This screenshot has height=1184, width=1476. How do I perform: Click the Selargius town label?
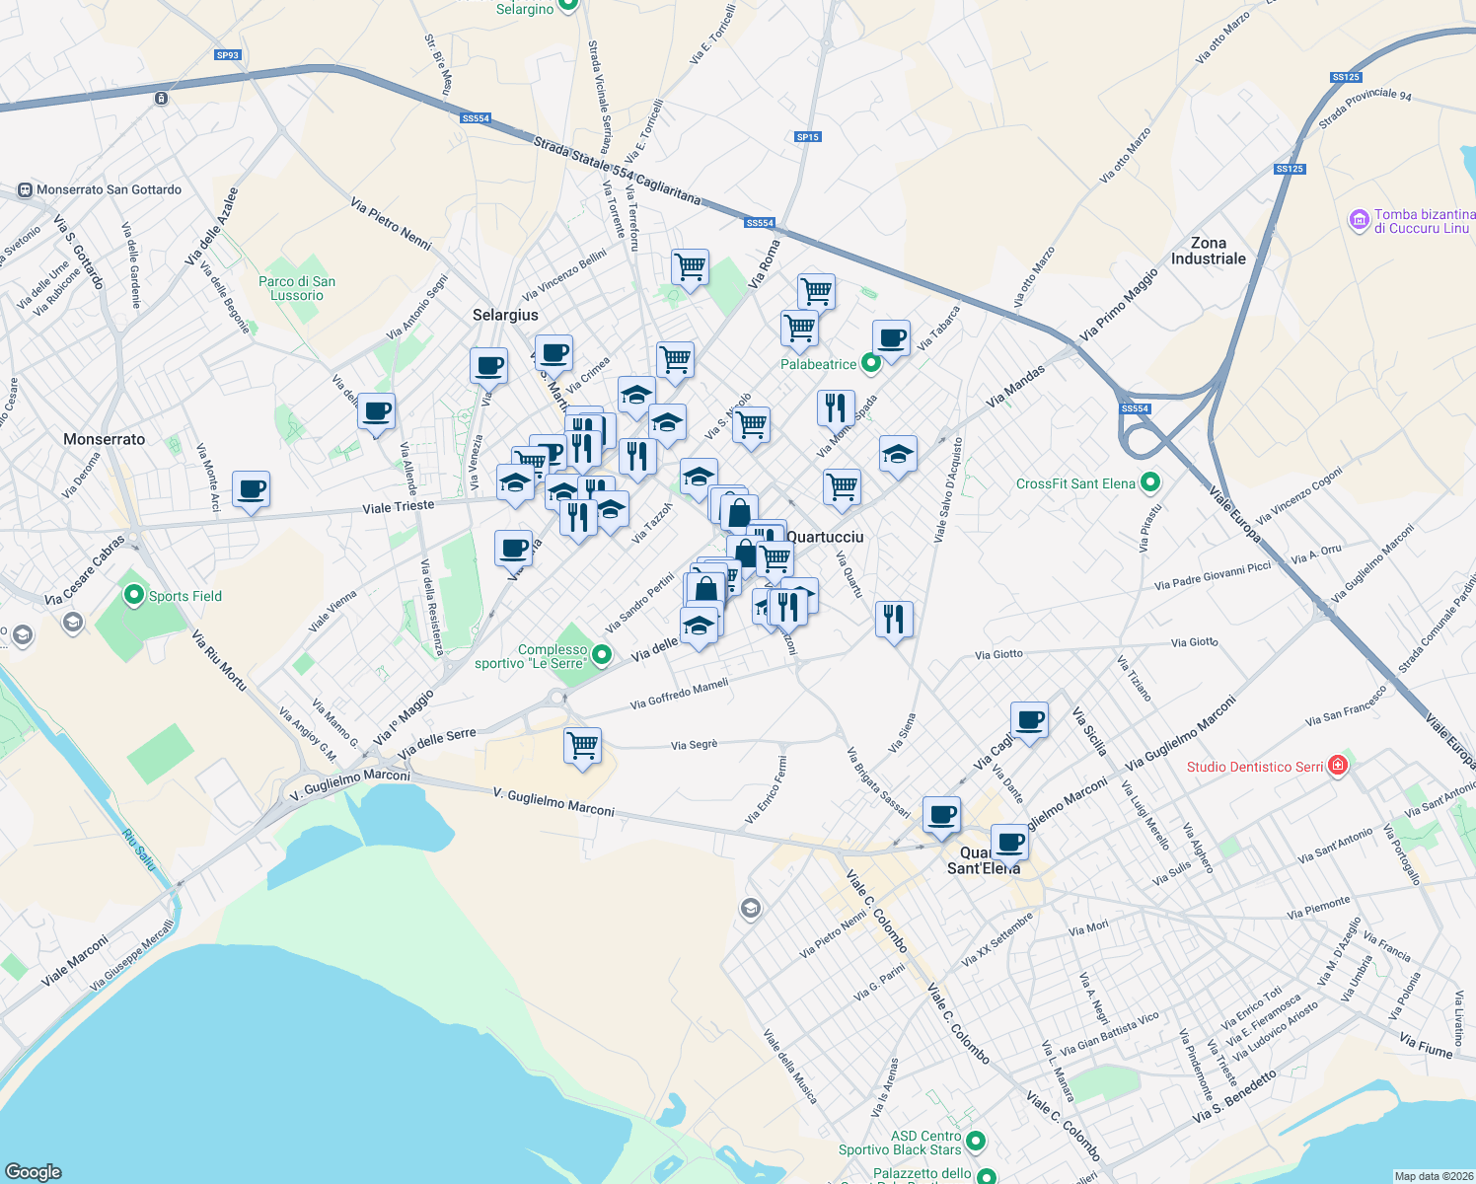click(505, 315)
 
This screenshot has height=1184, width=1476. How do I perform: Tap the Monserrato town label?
click(104, 439)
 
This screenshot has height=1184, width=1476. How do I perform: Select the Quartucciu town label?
click(825, 537)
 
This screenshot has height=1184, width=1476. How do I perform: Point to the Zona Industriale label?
click(1208, 251)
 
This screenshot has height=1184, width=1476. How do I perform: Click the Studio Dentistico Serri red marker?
click(1337, 766)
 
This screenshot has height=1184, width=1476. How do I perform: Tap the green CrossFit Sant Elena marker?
click(1149, 483)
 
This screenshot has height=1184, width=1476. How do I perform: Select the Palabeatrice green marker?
click(870, 364)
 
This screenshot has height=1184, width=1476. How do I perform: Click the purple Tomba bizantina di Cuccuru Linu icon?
click(1360, 220)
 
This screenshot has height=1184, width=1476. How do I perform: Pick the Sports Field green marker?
click(133, 596)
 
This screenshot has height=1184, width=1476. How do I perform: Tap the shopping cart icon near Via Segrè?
click(582, 744)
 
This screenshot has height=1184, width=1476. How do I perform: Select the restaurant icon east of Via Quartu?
click(893, 619)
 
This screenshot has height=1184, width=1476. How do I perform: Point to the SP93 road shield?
click(228, 55)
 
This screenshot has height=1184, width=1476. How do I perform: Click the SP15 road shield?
click(807, 137)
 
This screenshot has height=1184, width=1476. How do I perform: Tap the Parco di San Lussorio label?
click(297, 288)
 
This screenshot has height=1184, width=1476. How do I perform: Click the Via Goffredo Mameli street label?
click(679, 694)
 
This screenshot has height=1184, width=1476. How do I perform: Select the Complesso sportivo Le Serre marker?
click(601, 655)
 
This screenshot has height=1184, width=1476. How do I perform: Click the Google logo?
click(33, 1172)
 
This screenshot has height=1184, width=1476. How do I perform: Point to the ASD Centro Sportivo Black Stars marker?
click(976, 1142)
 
